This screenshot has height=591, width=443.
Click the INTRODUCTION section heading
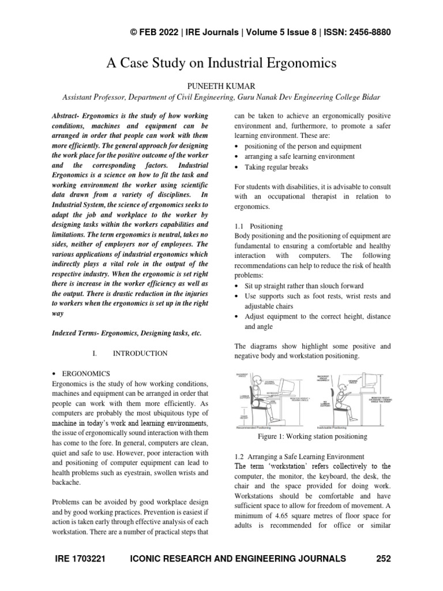[140, 353]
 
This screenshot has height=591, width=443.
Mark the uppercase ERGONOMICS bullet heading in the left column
[89, 373]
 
